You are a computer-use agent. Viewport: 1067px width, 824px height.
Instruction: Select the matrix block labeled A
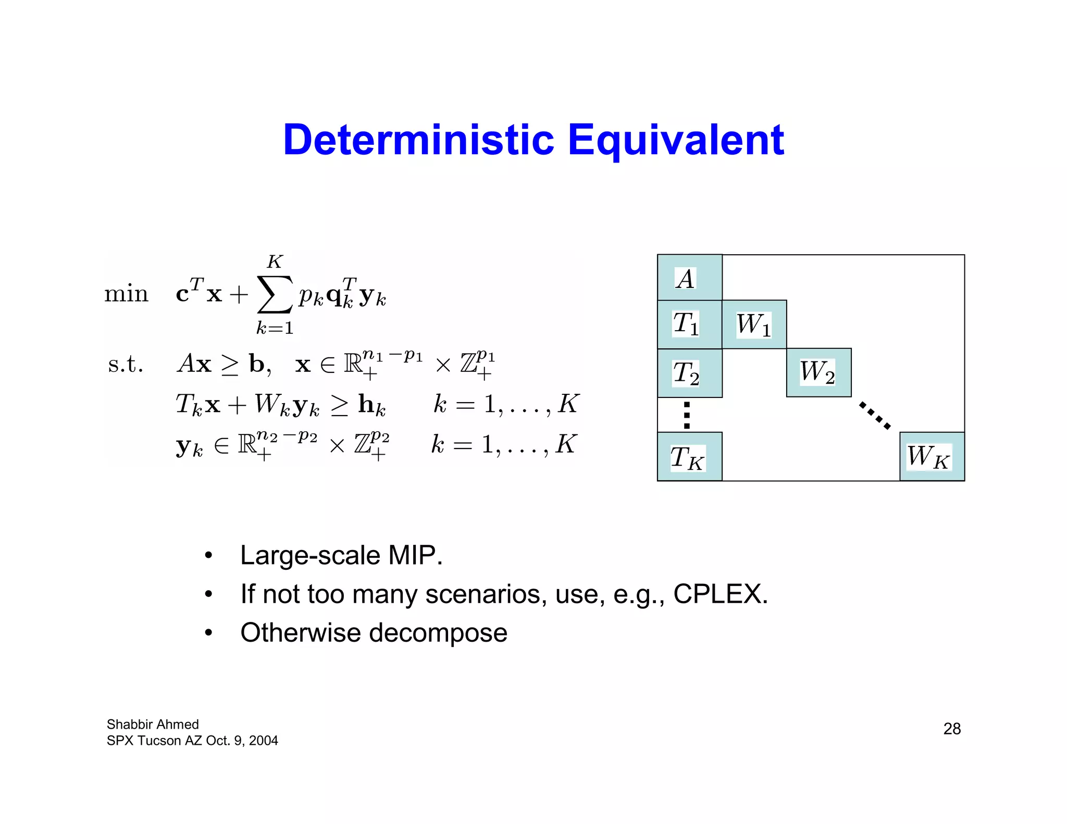(x=689, y=278)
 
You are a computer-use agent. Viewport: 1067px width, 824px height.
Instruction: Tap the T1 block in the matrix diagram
(x=689, y=324)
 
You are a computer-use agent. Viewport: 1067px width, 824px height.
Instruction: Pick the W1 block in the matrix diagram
(x=754, y=324)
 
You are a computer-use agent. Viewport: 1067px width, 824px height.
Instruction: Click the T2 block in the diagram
(x=689, y=373)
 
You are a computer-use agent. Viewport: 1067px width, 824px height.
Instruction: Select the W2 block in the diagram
(x=818, y=372)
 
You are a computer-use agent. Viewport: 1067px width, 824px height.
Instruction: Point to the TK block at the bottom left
(x=689, y=457)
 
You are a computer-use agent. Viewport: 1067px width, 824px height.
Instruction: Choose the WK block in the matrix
(x=932, y=457)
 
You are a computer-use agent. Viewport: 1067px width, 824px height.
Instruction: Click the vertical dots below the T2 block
(x=687, y=415)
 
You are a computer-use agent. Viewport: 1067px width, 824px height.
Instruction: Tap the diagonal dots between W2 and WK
(x=875, y=415)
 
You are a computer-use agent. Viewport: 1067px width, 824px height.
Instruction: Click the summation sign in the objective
(x=274, y=295)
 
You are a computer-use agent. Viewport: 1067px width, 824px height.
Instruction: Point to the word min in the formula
(x=126, y=294)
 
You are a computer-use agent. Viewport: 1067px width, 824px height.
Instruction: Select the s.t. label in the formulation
(x=125, y=364)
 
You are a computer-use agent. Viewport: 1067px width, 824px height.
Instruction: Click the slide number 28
(x=952, y=729)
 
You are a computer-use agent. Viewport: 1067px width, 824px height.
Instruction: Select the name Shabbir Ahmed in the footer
(x=153, y=725)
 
